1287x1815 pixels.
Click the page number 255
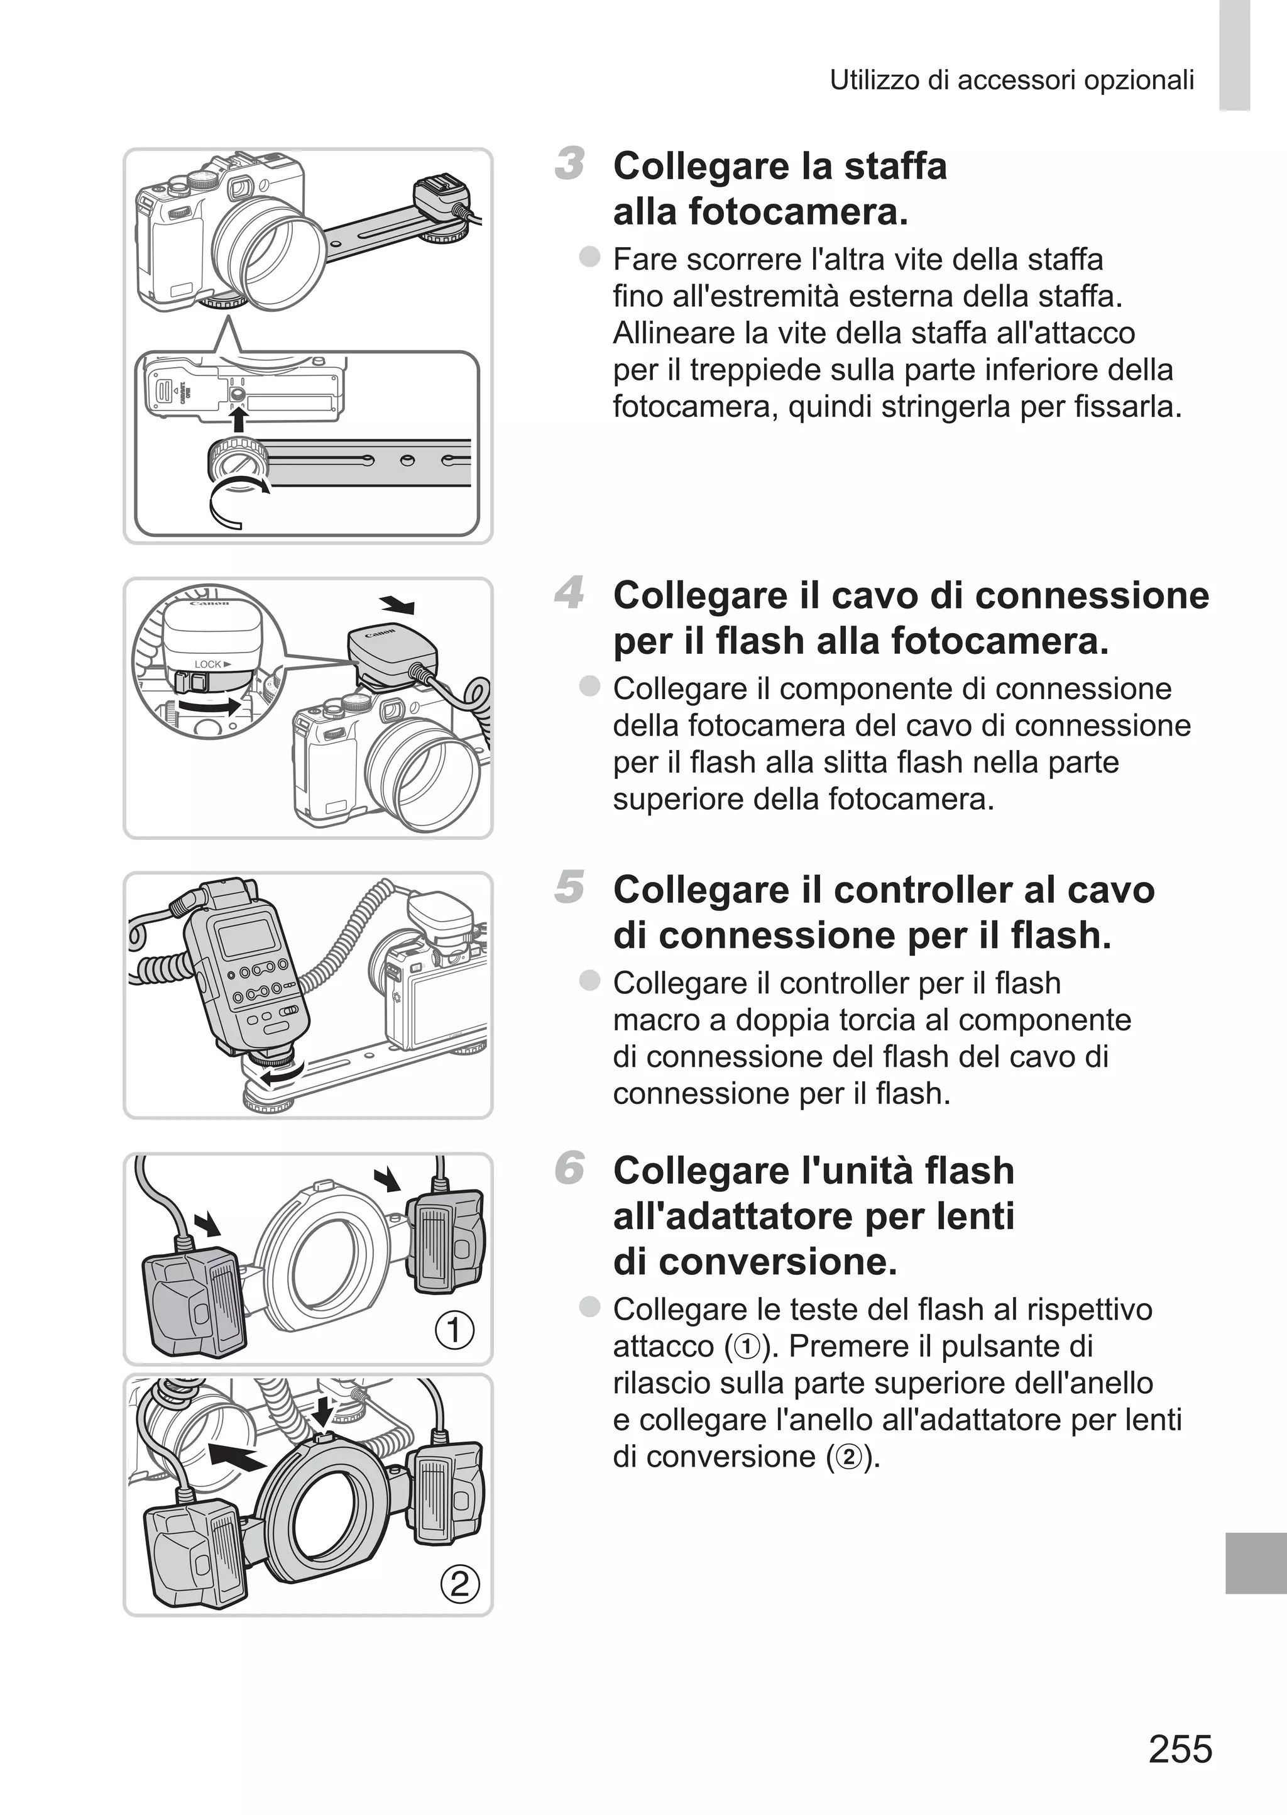[x=1180, y=1748]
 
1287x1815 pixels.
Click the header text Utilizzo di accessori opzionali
[x=1011, y=80]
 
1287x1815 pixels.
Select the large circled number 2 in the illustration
[x=459, y=1584]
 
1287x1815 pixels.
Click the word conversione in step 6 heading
[x=755, y=1262]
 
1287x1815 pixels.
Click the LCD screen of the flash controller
[x=246, y=941]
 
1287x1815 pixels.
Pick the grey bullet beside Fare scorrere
[x=589, y=257]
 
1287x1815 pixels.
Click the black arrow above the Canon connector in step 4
[x=398, y=605]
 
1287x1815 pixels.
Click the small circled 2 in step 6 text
[x=849, y=1457]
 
